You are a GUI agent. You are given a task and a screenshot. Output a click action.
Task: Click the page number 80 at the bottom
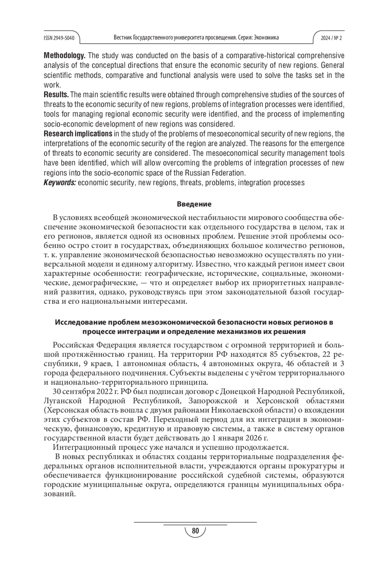195,531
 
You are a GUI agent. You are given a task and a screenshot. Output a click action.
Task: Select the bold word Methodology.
64,55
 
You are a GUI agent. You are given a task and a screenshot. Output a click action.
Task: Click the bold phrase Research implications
78,134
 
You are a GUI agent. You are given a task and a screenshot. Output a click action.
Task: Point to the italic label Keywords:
60,183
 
